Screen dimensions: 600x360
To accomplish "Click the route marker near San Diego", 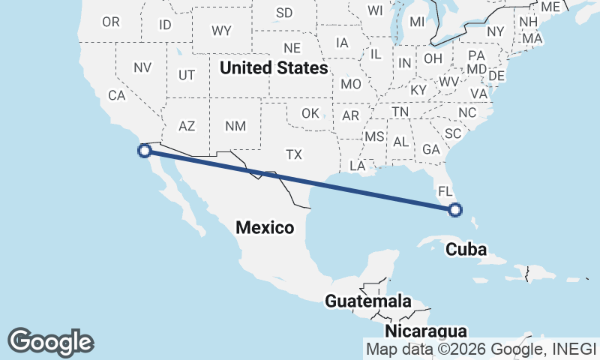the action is [145, 151].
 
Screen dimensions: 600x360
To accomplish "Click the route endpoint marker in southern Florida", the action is [454, 211].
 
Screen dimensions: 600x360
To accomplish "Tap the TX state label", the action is [293, 154].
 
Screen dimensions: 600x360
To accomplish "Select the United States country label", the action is [274, 68].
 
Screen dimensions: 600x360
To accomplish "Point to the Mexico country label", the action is [265, 227].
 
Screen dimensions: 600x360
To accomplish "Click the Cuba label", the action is [466, 250].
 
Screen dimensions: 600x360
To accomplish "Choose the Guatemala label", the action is [367, 301].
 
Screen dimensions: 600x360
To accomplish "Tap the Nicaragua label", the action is [425, 331].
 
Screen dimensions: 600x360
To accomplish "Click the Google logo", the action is [50, 342].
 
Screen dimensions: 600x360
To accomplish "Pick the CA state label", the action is [116, 95].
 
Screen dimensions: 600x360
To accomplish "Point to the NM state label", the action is [235, 126].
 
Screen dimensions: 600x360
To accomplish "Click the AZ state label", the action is [187, 126].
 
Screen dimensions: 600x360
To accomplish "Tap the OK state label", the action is [310, 114].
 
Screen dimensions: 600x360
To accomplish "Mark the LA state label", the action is [357, 165].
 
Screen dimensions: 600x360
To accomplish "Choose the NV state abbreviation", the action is [142, 67].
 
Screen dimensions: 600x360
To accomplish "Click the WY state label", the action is [221, 31].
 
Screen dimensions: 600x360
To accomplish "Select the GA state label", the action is [430, 149].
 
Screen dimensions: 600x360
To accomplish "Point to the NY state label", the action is [496, 31].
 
